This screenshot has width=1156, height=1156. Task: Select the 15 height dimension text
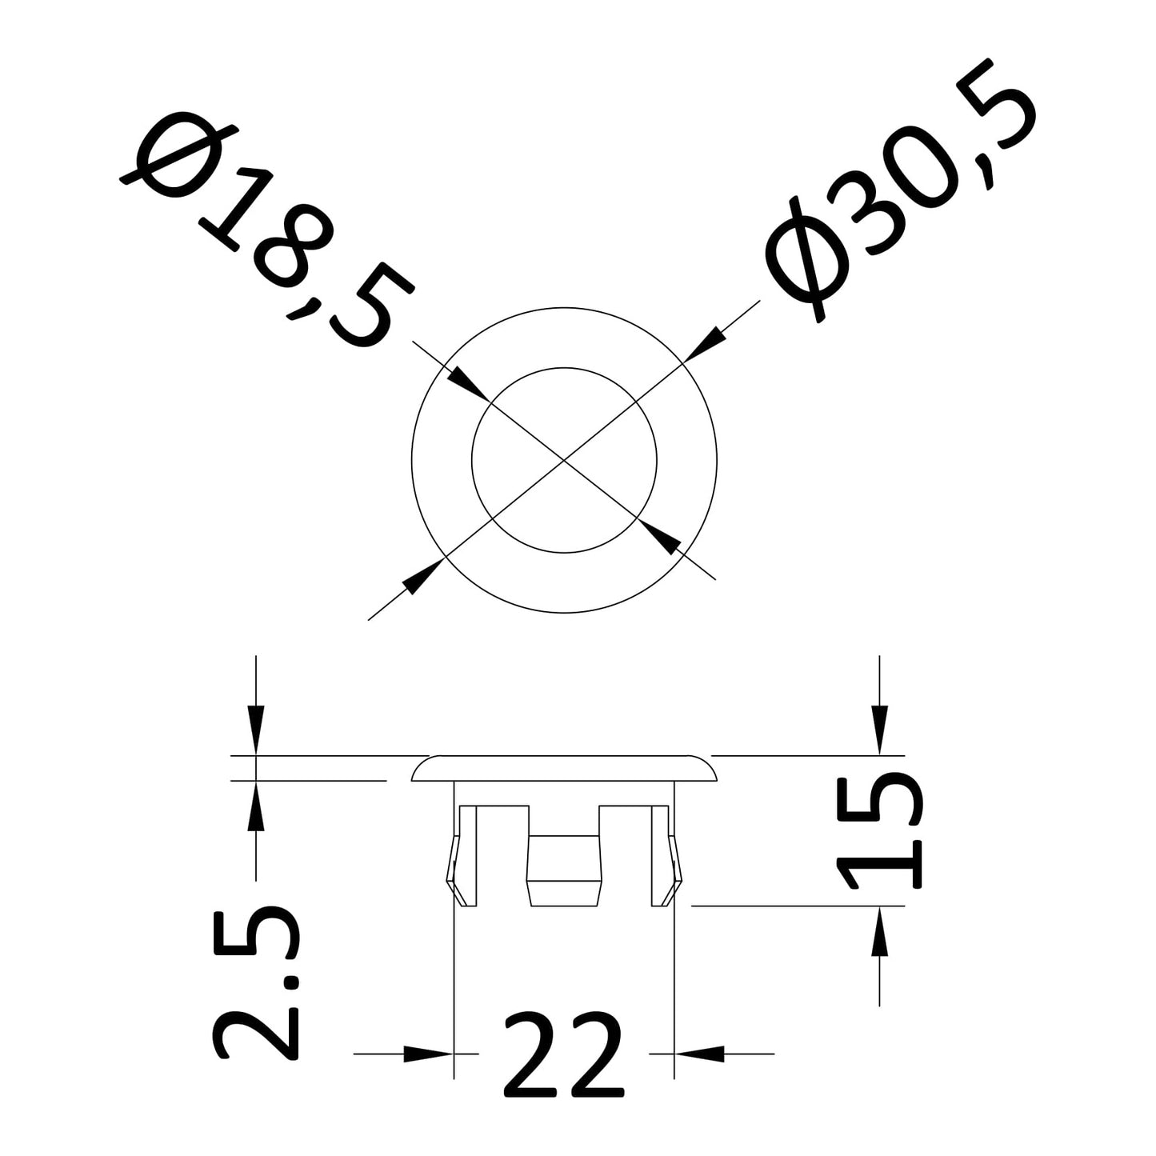[880, 833]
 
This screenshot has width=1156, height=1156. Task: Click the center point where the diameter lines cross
[564, 459]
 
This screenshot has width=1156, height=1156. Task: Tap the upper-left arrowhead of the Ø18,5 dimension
[468, 383]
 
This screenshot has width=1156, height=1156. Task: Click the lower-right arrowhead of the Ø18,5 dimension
[660, 536]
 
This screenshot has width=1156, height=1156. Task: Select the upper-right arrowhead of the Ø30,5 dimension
[702, 344]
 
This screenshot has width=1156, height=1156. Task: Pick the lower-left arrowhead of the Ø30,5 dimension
[423, 576]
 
